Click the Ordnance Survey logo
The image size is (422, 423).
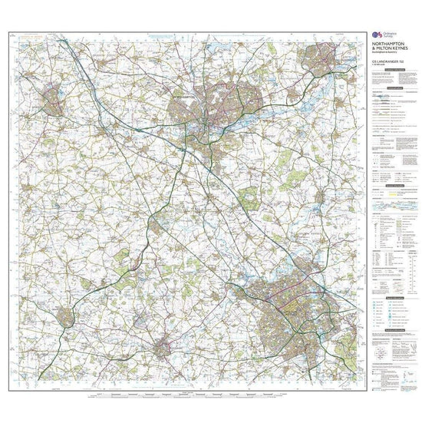click(x=376, y=35)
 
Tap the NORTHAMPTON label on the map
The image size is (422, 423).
click(x=186, y=97)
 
